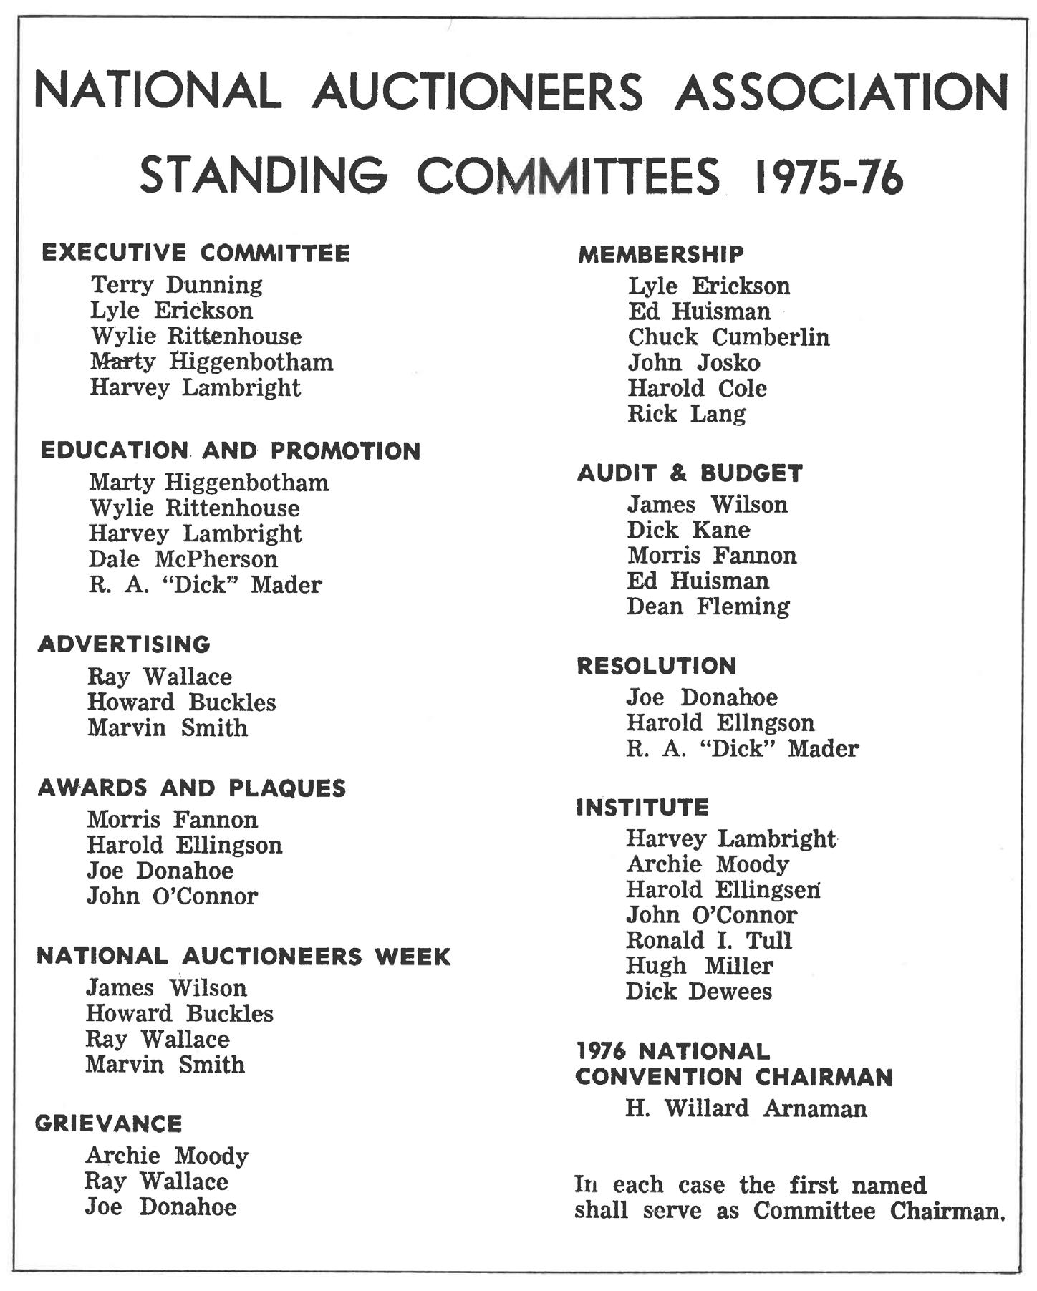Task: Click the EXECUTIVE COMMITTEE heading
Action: point(196,253)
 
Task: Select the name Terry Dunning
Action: point(176,285)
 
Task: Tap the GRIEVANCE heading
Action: point(109,1123)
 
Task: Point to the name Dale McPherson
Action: point(183,559)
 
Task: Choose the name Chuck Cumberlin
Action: point(728,337)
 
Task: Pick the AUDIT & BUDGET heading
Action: point(690,473)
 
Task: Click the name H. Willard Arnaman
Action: point(746,1108)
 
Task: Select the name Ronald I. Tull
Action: point(709,940)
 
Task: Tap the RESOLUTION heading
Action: point(656,666)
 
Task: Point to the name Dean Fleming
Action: point(708,606)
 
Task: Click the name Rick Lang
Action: point(686,414)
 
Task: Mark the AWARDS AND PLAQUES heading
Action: point(191,788)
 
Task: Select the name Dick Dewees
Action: point(698,992)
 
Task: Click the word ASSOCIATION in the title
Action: point(841,92)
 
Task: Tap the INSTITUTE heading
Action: point(642,808)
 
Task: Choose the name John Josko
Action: point(693,363)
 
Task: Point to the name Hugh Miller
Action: point(699,966)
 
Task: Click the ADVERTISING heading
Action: point(124,644)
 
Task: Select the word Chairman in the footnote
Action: point(947,1211)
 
